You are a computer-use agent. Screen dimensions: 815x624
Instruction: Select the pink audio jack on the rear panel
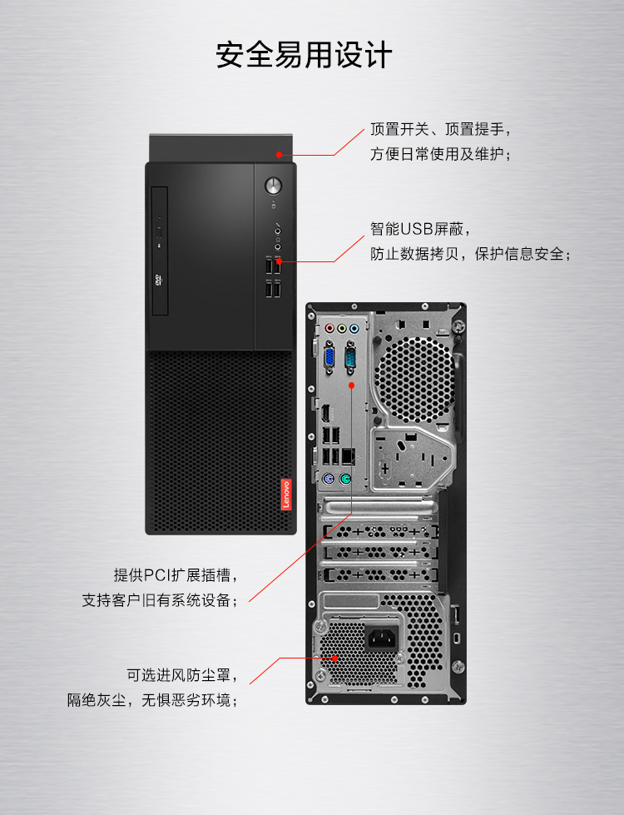(329, 328)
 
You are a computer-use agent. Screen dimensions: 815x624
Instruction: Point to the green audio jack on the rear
(341, 328)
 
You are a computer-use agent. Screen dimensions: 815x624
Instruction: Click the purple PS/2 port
(328, 480)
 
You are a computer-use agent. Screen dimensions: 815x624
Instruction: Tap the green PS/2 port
(344, 480)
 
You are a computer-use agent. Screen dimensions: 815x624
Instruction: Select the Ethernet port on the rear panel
(348, 456)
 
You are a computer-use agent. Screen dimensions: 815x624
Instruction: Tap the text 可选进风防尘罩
(182, 674)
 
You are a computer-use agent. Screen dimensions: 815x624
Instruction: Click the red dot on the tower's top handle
(280, 154)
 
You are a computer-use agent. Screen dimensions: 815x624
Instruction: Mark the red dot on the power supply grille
(334, 658)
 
